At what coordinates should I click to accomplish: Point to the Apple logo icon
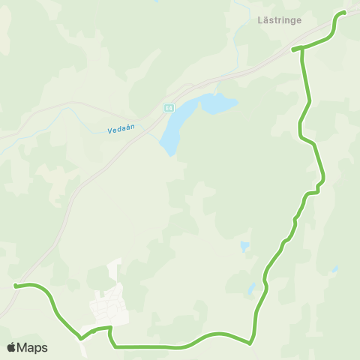click(11, 347)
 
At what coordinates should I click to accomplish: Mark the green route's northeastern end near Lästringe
click(344, 12)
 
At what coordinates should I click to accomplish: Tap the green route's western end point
click(15, 285)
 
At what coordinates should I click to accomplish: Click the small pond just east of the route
click(244, 246)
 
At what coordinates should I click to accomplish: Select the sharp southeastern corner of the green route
click(250, 342)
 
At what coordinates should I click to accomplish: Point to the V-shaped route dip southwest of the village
click(80, 337)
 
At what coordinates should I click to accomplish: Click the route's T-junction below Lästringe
click(301, 50)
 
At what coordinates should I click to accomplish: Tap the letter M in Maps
click(22, 347)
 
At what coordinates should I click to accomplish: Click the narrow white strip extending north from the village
click(115, 270)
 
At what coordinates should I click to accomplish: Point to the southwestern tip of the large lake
click(172, 153)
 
